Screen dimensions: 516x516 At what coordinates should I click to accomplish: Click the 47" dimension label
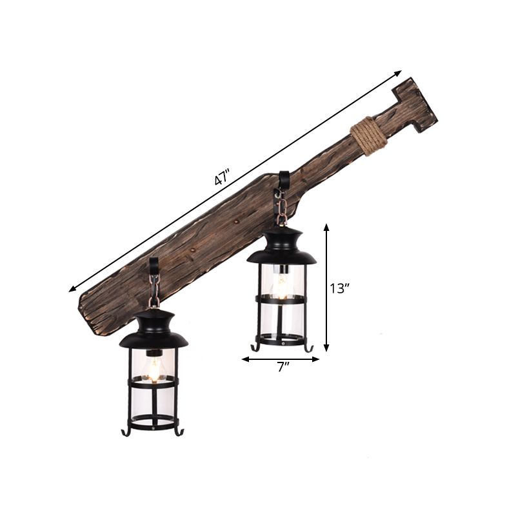point(223,178)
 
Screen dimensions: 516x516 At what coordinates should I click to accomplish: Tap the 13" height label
point(340,288)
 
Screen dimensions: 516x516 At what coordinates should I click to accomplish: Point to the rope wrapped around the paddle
point(369,136)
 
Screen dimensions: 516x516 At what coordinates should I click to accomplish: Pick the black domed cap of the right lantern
point(282,248)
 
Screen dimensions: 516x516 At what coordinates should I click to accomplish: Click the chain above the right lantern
point(281,208)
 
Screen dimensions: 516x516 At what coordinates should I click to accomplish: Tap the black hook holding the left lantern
point(154,265)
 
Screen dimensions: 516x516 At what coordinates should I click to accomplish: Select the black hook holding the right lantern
point(283,179)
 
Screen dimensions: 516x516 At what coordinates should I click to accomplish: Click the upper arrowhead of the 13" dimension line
point(327,227)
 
